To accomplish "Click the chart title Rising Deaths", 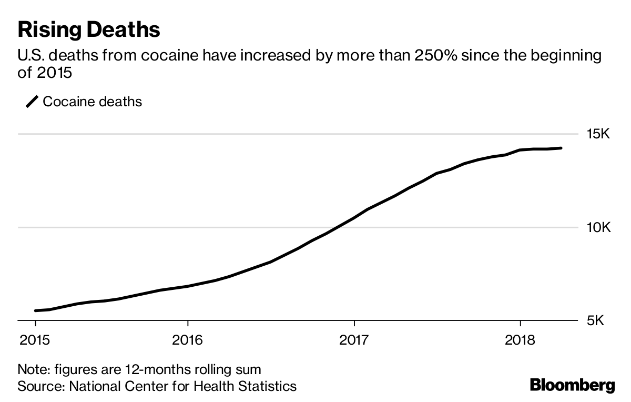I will [88, 29].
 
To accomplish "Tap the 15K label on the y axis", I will [598, 135].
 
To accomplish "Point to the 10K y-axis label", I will [598, 228].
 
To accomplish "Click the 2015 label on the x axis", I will [36, 339].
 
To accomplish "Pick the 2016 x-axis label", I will [188, 339].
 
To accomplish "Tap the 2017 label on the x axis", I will [354, 339].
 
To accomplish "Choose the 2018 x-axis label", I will [520, 339].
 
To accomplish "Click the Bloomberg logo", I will [572, 385].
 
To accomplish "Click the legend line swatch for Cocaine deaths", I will [32, 102].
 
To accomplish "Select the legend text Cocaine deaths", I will [93, 102].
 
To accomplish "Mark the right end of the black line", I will [561, 148].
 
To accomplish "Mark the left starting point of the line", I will [36, 311].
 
